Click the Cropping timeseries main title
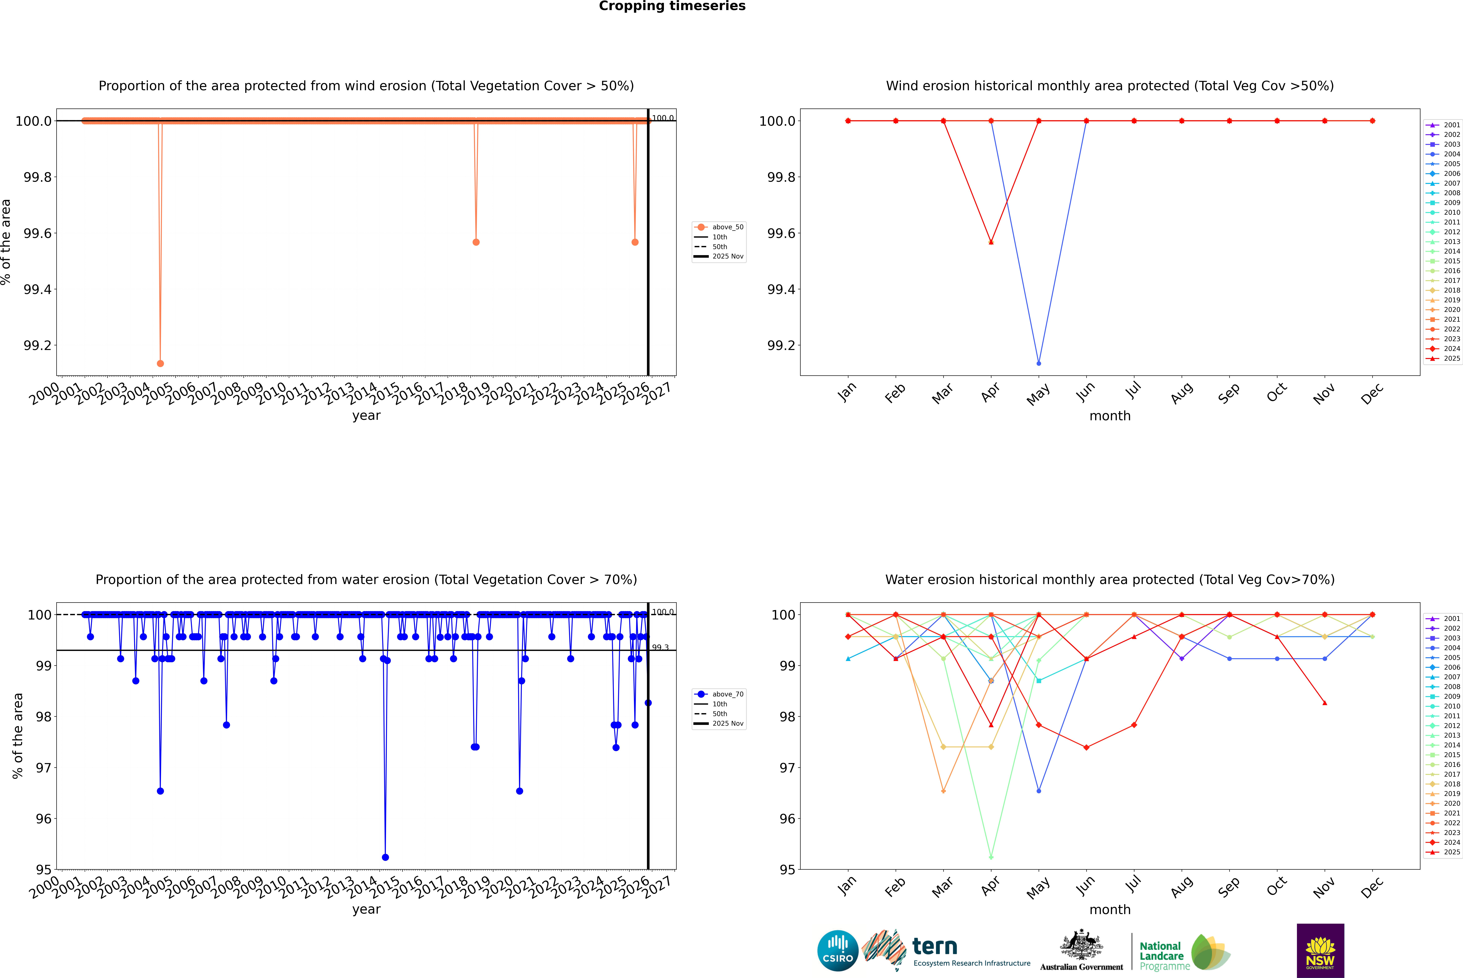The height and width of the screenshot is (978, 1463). tap(672, 6)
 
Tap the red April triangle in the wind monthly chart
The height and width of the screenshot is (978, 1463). tap(991, 242)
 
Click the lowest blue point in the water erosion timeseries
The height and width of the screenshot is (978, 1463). tap(385, 857)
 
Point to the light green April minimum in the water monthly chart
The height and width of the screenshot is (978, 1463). tap(991, 857)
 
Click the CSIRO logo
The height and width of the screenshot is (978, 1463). tap(838, 951)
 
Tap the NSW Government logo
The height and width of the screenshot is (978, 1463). tap(1320, 951)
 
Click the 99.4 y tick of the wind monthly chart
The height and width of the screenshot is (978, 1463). tap(781, 289)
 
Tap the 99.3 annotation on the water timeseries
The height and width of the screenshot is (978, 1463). tap(660, 647)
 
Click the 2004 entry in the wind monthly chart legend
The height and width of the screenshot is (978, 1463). tap(1451, 154)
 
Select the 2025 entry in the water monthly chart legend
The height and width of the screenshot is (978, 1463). tap(1451, 852)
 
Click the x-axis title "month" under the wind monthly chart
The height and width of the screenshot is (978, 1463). tap(1109, 416)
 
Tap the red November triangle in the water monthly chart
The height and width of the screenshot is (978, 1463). tap(1324, 703)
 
